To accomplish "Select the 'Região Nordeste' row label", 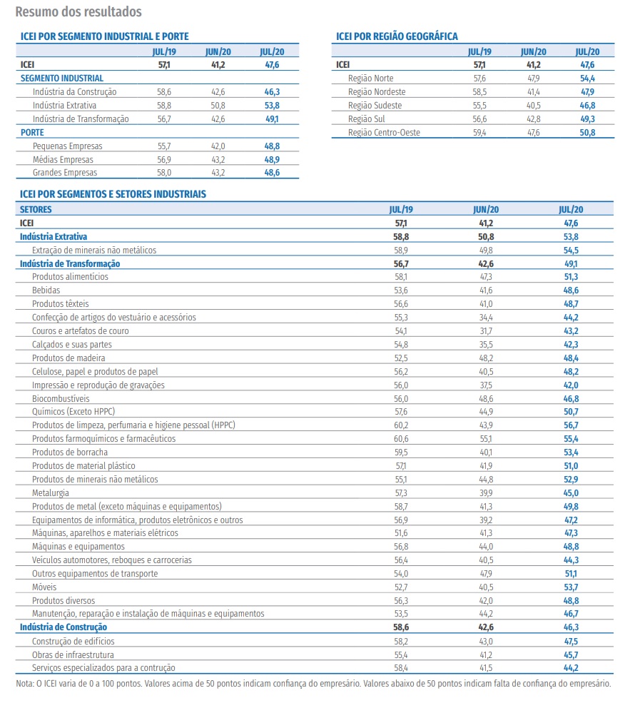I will [x=377, y=92].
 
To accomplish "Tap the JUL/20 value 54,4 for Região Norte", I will [x=588, y=79].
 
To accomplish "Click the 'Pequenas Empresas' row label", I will [x=63, y=146].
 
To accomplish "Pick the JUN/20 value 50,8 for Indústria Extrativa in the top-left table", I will [x=215, y=106].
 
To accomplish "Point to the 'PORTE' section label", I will [x=32, y=133].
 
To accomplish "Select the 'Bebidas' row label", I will [x=46, y=290].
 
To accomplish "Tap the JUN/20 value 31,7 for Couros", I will [x=487, y=331].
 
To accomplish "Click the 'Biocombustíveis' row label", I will [x=61, y=398].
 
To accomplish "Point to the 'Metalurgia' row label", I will [x=51, y=492].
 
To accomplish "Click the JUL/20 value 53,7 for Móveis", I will [x=571, y=587].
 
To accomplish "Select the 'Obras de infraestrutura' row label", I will [x=73, y=654].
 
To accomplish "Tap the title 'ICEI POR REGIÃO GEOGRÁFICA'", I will [x=397, y=36].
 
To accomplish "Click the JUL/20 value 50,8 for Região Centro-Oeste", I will [x=588, y=133].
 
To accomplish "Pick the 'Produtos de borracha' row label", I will [x=70, y=452].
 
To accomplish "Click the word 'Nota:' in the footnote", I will [x=24, y=683].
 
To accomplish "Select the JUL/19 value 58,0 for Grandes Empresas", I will [x=165, y=173].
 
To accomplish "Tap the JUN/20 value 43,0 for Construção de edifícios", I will [x=487, y=641].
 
